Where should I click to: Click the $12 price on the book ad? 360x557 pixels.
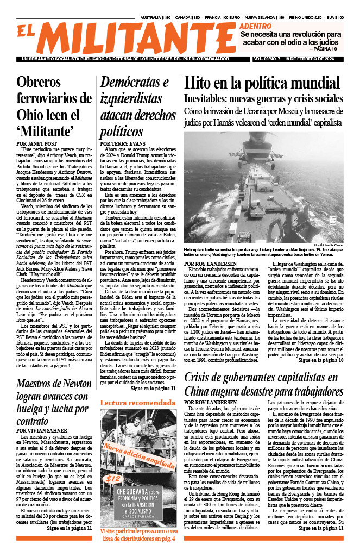pos(113,479)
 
